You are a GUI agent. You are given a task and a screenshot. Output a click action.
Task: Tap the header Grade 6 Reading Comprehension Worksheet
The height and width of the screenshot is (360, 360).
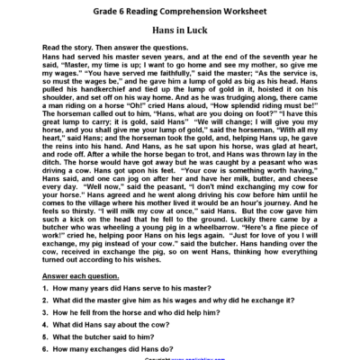pyautogui.click(x=180, y=12)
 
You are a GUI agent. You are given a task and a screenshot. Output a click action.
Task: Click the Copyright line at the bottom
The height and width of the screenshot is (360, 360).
pyautogui.click(x=180, y=359)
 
